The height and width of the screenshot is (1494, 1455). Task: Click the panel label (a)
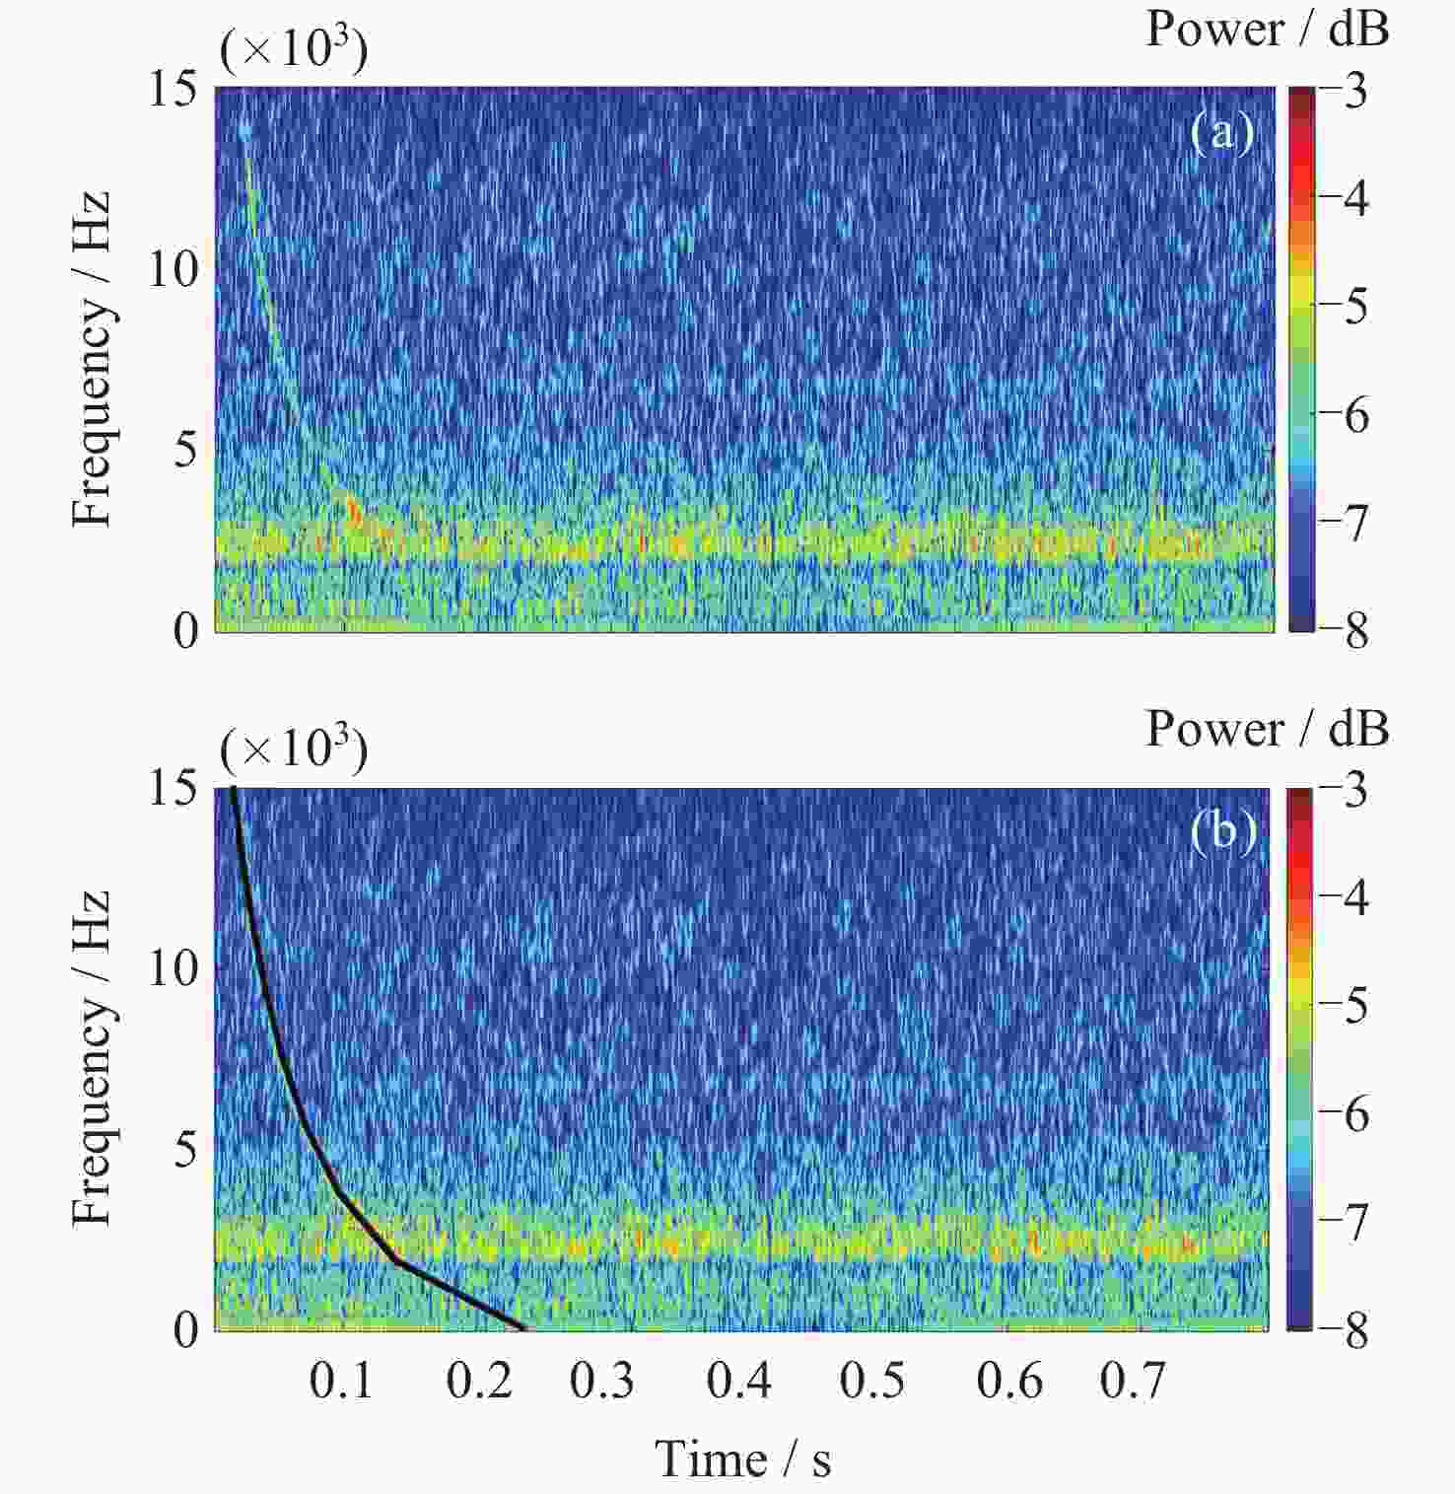[x=1222, y=131]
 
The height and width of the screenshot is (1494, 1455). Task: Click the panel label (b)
[x=1222, y=831]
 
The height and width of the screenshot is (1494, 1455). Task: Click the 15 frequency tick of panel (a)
[x=173, y=91]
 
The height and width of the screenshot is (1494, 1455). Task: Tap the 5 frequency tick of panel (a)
[x=185, y=450]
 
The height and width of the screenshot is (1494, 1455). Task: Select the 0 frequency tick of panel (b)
[x=185, y=1330]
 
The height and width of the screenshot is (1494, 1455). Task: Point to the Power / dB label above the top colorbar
[x=1267, y=30]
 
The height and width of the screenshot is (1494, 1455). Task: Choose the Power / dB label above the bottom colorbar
[x=1267, y=730]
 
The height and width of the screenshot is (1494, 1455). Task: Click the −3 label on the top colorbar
[x=1345, y=91]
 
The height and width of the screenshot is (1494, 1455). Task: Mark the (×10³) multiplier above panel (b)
[x=294, y=749]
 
